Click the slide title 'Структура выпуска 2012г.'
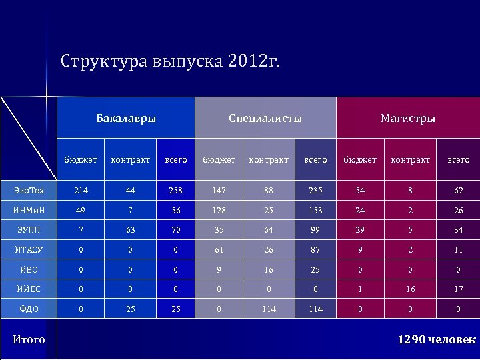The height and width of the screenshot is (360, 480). point(171,62)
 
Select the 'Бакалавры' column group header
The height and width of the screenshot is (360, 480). point(126,119)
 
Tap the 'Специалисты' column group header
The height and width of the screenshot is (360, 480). point(265,119)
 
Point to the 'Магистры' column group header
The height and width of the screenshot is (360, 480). point(407,119)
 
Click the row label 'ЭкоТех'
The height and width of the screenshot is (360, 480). point(29,191)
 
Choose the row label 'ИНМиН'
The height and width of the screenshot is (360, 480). point(29,211)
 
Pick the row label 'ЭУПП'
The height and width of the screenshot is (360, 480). point(29,231)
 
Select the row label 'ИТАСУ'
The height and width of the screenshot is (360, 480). point(29,250)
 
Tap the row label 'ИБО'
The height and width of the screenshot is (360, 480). point(29,270)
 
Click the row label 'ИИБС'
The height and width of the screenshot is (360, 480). point(29,290)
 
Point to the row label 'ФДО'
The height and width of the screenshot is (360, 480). point(29,309)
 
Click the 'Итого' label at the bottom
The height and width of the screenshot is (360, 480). point(29,340)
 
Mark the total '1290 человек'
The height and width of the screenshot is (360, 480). point(437,340)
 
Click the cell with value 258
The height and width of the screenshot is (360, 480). point(175,191)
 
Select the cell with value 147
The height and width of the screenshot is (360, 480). point(219,191)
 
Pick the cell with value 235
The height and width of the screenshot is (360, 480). point(315,191)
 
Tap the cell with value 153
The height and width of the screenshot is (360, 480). point(315,211)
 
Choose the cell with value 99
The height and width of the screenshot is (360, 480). point(315,231)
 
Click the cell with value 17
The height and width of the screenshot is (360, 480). point(458,290)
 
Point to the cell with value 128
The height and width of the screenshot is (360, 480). point(219,211)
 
